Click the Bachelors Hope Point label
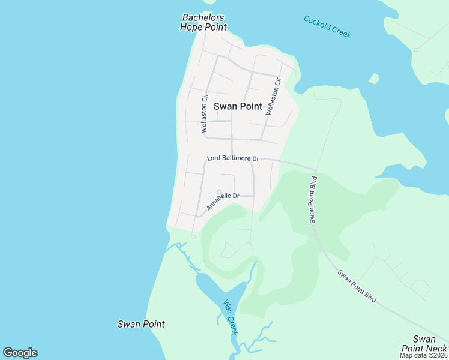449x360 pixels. pyautogui.click(x=203, y=23)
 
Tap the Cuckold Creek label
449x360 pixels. pyautogui.click(x=327, y=27)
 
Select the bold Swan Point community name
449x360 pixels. pyautogui.click(x=238, y=106)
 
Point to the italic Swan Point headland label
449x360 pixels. pyautogui.click(x=141, y=324)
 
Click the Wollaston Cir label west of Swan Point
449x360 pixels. pyautogui.click(x=205, y=113)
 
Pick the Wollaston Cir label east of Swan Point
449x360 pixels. pyautogui.click(x=273, y=96)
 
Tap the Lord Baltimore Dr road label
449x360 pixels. pyautogui.click(x=233, y=159)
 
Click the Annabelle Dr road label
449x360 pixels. pyautogui.click(x=223, y=200)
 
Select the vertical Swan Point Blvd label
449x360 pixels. pyautogui.click(x=313, y=199)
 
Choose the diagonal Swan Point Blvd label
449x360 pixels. pyautogui.click(x=356, y=286)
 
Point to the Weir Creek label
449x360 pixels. pyautogui.click(x=231, y=317)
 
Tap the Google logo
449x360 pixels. pyautogui.click(x=20, y=353)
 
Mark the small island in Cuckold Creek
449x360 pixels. pyautogui.click(x=374, y=78)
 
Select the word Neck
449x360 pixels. pyautogui.click(x=435, y=349)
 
